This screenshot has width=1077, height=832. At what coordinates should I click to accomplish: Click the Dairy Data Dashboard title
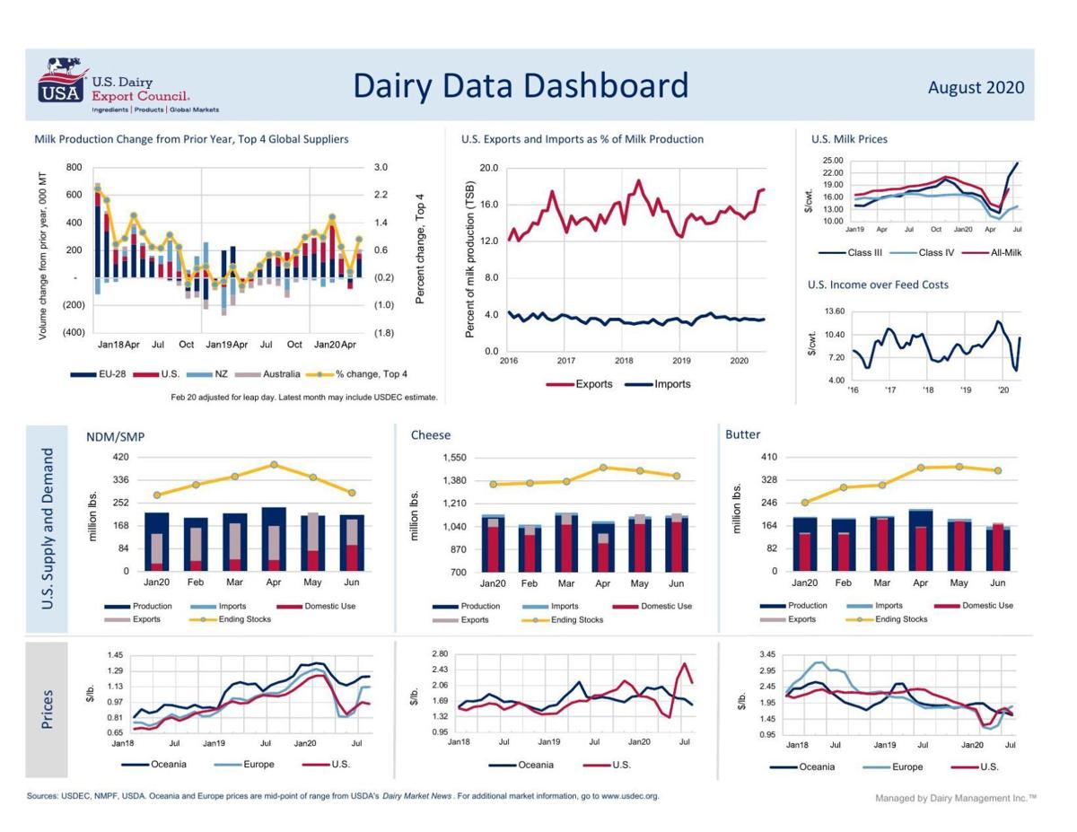click(520, 85)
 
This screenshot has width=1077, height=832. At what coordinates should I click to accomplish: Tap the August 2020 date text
click(976, 87)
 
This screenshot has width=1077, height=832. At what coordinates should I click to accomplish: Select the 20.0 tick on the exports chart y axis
click(488, 168)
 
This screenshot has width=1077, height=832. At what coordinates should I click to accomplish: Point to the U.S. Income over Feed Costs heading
click(878, 285)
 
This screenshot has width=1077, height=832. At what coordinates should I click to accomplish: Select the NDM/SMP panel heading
click(115, 436)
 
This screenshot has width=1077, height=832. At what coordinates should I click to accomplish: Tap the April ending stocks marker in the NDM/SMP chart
click(275, 465)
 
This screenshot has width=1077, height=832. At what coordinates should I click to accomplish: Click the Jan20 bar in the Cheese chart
click(493, 544)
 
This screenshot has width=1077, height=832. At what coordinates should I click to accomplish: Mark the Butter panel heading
click(742, 434)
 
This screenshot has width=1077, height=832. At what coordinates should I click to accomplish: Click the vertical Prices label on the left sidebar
click(47, 709)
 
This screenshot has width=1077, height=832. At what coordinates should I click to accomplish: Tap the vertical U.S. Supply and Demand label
click(47, 529)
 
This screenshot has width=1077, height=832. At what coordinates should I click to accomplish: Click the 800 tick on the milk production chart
click(74, 168)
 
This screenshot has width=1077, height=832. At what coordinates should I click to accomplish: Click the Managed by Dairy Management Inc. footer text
click(955, 798)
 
